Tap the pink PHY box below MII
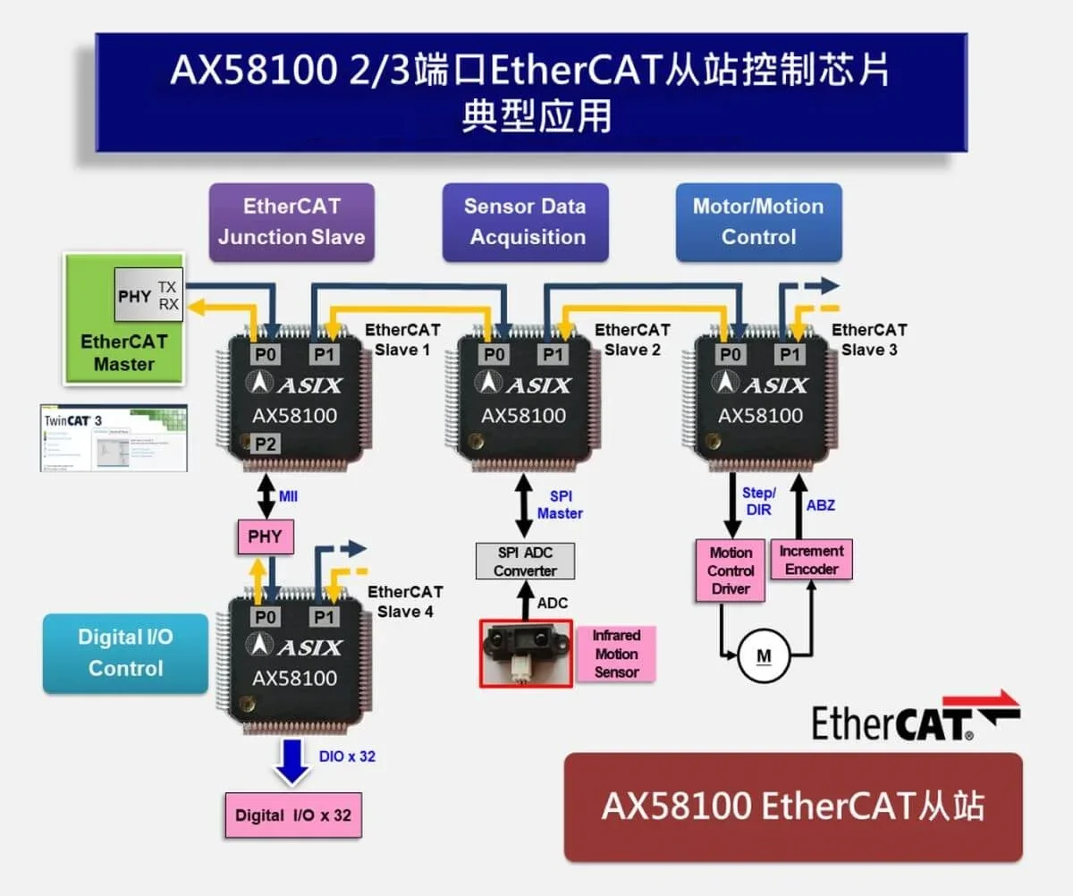pyautogui.click(x=265, y=537)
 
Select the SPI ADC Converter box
pyautogui.click(x=525, y=562)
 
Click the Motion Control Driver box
pyautogui.click(x=731, y=571)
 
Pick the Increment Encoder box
pyautogui.click(x=811, y=560)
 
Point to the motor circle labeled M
pyautogui.click(x=764, y=656)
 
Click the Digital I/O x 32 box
pyautogui.click(x=293, y=816)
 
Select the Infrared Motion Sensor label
pyautogui.click(x=617, y=654)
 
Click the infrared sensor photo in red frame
pyautogui.click(x=526, y=654)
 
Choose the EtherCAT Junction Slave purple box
pyautogui.click(x=291, y=222)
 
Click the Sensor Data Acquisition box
pyautogui.click(x=525, y=222)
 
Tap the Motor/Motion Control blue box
pyautogui.click(x=758, y=222)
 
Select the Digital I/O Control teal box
pyautogui.click(x=125, y=653)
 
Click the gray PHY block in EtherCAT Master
pyautogui.click(x=134, y=295)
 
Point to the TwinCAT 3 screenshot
pyautogui.click(x=114, y=438)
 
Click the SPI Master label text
pyautogui.click(x=560, y=504)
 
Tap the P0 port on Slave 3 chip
pyautogui.click(x=731, y=355)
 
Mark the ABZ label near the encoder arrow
pyautogui.click(x=820, y=505)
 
